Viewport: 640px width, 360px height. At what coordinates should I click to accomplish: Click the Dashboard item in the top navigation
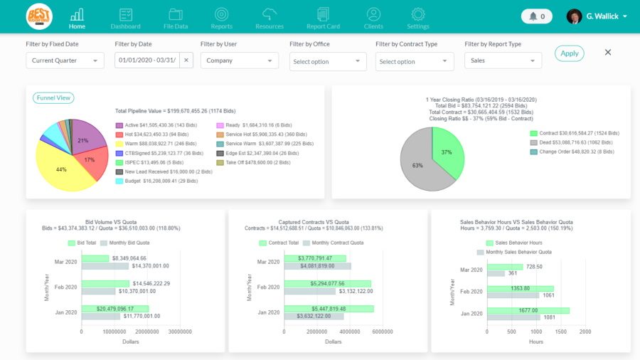point(125,18)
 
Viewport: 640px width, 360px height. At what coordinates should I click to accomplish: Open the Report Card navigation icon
point(323,18)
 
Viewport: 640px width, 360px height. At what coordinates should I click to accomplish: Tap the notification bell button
point(538,16)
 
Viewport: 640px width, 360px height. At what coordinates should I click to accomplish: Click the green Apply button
point(569,53)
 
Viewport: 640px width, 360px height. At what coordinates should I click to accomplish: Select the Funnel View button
point(53,98)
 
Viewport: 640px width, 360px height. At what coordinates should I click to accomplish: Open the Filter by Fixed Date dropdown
point(65,60)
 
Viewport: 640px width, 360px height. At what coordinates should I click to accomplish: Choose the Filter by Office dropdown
point(328,61)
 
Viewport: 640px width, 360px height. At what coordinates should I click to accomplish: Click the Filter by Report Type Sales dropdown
point(503,60)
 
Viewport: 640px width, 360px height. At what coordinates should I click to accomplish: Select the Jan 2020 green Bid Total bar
point(114,309)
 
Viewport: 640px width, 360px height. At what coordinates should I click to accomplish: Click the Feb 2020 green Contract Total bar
point(328,283)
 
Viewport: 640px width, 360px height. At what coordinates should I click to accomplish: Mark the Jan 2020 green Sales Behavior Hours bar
point(527,310)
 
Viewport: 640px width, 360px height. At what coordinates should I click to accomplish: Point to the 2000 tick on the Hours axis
point(585,332)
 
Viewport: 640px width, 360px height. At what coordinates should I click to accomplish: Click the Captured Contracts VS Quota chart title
point(328,221)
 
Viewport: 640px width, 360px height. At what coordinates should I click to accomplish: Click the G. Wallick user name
point(602,16)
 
